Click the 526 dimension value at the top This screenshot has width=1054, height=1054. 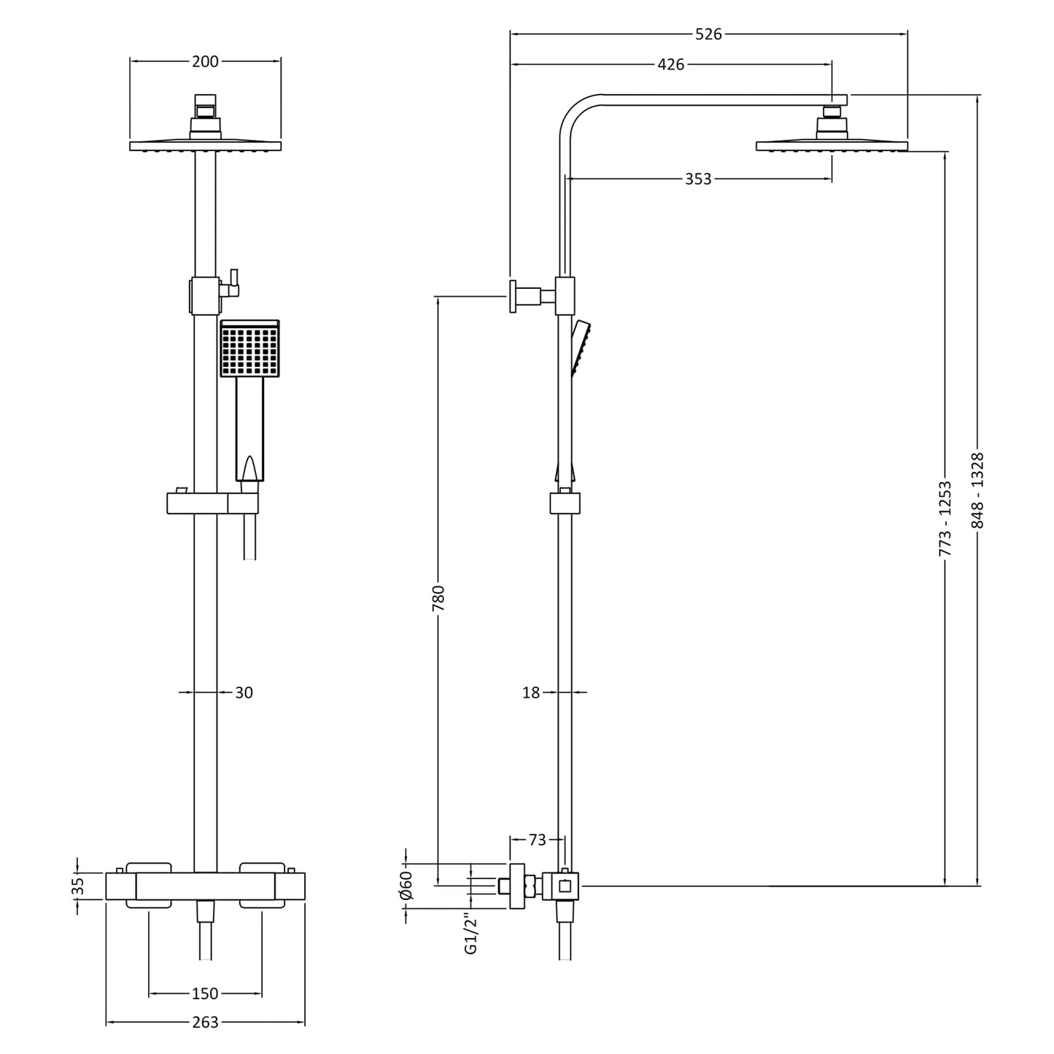coord(708,34)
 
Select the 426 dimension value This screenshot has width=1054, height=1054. coord(671,64)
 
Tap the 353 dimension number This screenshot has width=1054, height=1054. coord(698,179)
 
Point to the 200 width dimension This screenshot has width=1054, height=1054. coord(205,61)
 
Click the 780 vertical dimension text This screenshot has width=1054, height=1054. coord(438,598)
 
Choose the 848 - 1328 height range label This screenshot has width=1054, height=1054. coord(977,490)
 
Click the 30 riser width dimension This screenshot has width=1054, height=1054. coord(244,692)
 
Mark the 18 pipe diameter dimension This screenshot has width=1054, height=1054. coord(531,692)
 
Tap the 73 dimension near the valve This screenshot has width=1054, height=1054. coord(537,840)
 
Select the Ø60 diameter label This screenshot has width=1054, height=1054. coord(407,885)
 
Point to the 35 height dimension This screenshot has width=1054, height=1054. coord(79,886)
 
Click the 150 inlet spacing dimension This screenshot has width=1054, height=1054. coord(205,993)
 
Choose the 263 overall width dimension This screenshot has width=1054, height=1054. coord(205,1023)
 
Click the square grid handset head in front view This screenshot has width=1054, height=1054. coord(249,349)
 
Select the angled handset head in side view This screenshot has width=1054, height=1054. coord(582,346)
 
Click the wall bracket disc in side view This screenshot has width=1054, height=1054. coord(514,296)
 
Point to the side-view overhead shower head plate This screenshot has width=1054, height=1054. coord(832,146)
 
